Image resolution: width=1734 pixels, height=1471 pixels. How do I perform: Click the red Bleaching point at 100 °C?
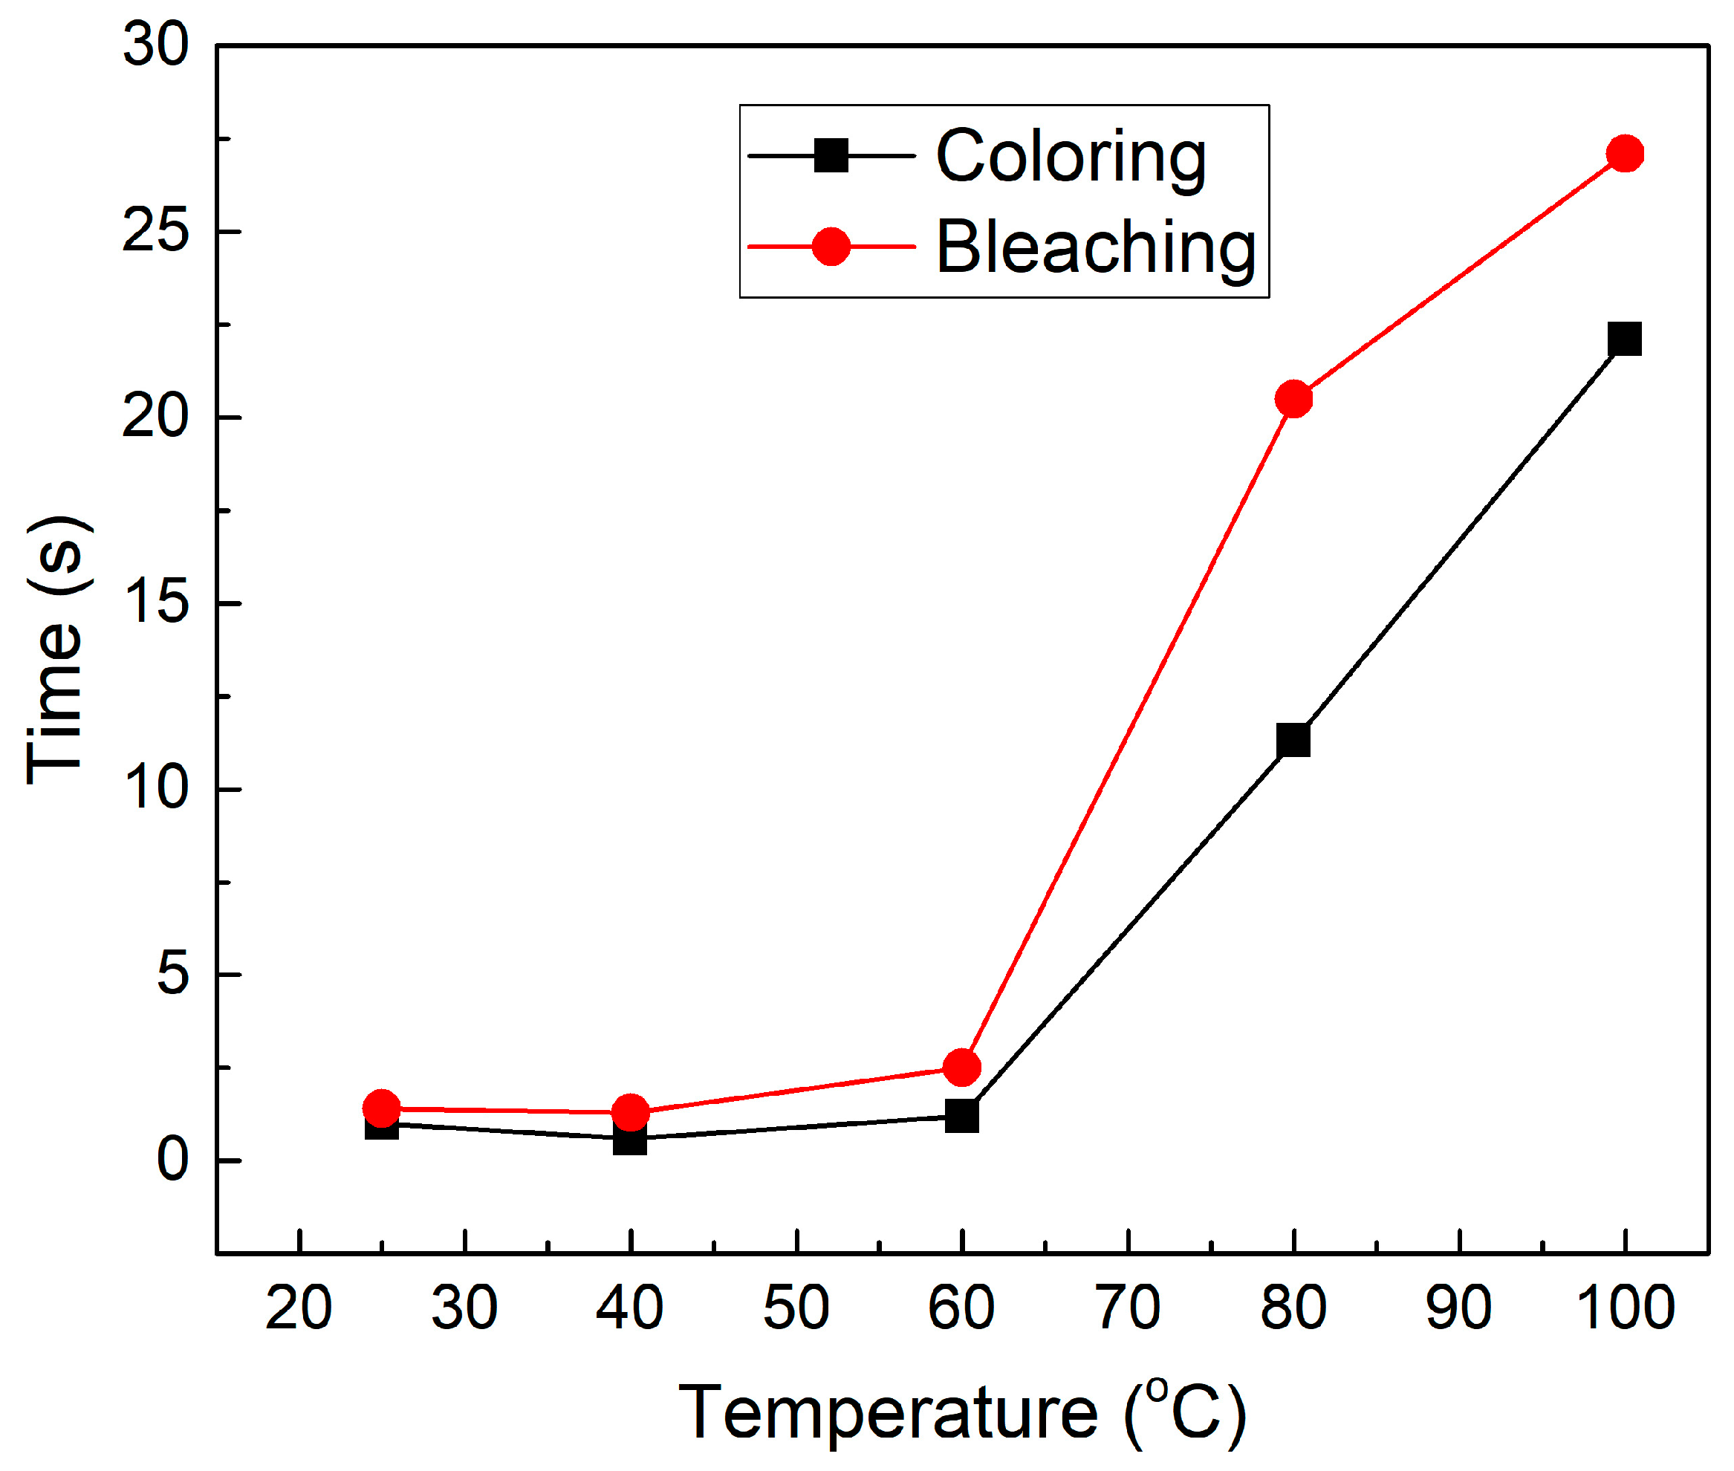coord(1624,154)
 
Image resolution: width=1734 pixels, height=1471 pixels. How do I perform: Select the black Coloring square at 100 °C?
coord(1624,339)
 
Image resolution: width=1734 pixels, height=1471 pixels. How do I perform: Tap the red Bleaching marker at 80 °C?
coord(1293,399)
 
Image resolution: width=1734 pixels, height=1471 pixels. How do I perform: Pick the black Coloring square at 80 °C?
coord(1293,740)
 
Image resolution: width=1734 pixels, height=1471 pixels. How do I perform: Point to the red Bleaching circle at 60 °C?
coord(961,1067)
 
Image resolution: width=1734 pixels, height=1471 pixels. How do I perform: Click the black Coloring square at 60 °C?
coord(961,1115)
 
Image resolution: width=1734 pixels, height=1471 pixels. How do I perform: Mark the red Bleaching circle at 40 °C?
coord(630,1111)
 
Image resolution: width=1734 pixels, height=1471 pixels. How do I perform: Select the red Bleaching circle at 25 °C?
coord(381,1108)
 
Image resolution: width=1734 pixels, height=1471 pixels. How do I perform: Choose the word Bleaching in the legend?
coord(1095,247)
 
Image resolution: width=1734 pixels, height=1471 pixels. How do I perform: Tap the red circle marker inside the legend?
coord(831,247)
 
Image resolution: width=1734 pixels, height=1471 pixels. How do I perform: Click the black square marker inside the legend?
coord(831,155)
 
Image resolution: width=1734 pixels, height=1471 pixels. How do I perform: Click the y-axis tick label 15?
coord(156,602)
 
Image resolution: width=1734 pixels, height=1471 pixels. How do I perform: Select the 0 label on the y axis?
coord(172,1159)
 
